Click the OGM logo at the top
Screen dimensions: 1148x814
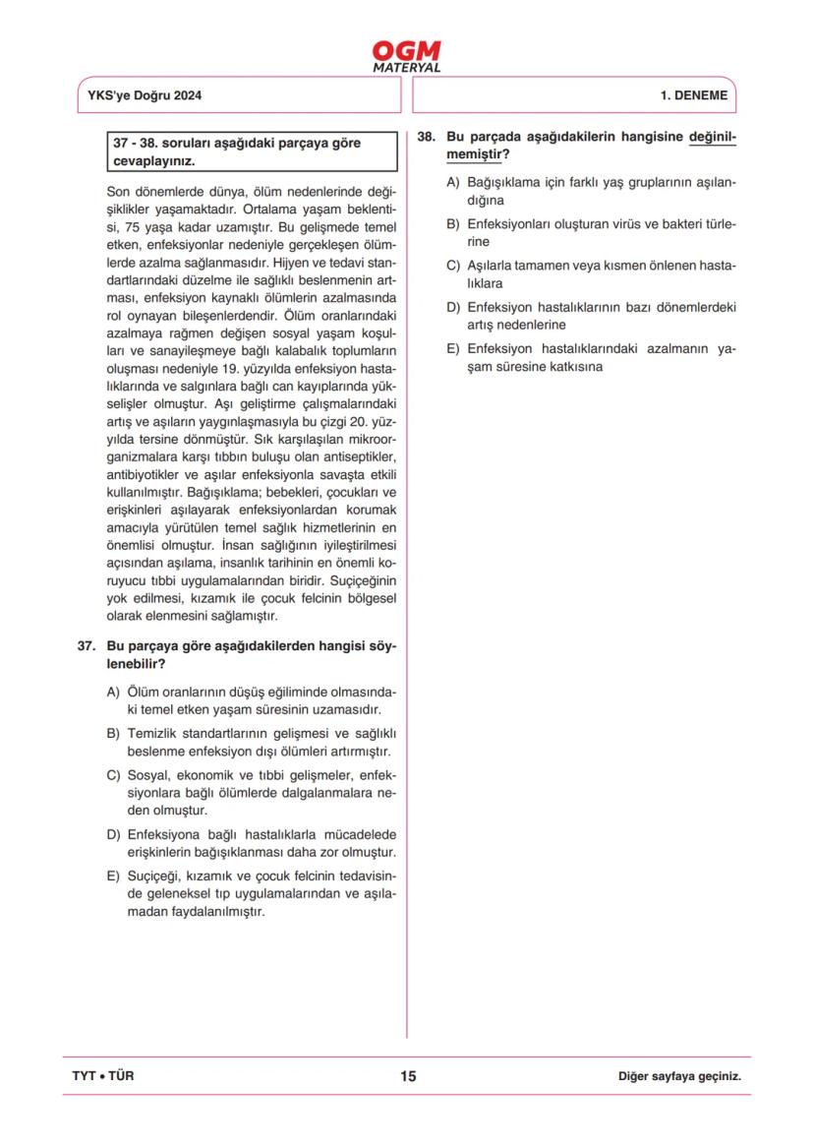tap(406, 51)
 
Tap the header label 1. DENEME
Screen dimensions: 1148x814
tap(694, 96)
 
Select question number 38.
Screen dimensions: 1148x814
tap(426, 138)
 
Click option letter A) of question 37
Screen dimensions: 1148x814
tap(112, 693)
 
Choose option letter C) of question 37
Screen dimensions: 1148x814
tap(112, 775)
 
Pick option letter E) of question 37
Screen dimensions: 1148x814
tap(112, 876)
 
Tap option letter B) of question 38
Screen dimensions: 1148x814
tap(453, 223)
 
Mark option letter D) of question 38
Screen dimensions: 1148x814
tap(453, 307)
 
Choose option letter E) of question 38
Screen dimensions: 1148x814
tap(453, 348)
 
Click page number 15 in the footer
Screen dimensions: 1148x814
tap(408, 1076)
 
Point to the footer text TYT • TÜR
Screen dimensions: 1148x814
tap(103, 1076)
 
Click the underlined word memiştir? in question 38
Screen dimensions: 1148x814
tap(477, 155)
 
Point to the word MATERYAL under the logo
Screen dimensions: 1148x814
tap(407, 68)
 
